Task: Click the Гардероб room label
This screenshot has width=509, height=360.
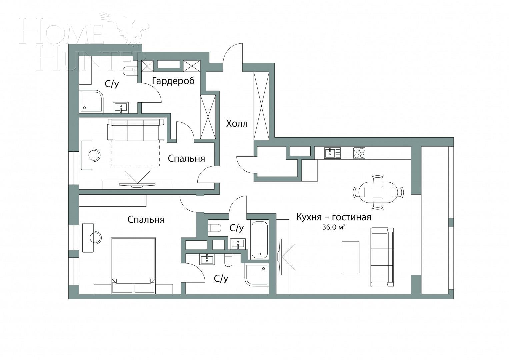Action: pyautogui.click(x=173, y=81)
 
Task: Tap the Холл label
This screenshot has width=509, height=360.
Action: pyautogui.click(x=237, y=124)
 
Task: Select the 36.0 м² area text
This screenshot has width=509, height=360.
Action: pyautogui.click(x=333, y=228)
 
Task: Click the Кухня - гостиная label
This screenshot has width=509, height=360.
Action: pyautogui.click(x=334, y=217)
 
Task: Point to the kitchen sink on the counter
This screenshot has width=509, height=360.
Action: pyautogui.click(x=332, y=153)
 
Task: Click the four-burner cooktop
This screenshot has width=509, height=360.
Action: pyautogui.click(x=359, y=153)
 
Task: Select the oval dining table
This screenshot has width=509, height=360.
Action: pyautogui.click(x=378, y=193)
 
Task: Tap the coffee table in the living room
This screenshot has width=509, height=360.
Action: pyautogui.click(x=351, y=257)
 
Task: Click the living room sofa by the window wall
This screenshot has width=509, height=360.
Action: pyautogui.click(x=383, y=257)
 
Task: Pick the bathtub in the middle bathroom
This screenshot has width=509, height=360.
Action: pyautogui.click(x=260, y=240)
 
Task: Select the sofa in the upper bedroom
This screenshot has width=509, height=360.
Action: pyautogui.click(x=136, y=130)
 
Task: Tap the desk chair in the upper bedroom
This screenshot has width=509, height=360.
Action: pyautogui.click(x=95, y=155)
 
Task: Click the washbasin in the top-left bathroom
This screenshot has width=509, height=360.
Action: pyautogui.click(x=120, y=107)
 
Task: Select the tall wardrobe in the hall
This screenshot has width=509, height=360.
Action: pyautogui.click(x=261, y=106)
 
